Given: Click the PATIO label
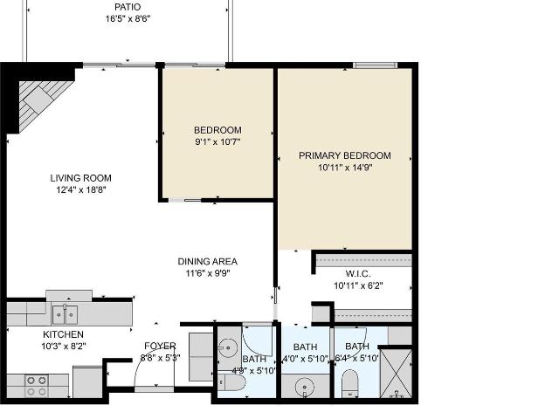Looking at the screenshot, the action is coord(128,7).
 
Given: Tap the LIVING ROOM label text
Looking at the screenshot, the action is coord(81,178).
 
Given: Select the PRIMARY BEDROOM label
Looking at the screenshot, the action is coord(345,155).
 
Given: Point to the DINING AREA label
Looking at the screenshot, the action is coord(208,262).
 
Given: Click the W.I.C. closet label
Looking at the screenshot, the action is coord(358,274).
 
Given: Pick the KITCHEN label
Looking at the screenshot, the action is coord(64,334).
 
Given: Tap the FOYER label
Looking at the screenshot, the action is coord(160,346).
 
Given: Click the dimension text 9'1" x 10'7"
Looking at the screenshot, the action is coord(217,141).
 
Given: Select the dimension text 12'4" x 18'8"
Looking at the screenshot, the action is coord(81,189).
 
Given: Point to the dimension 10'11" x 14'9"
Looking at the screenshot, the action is coord(345,168).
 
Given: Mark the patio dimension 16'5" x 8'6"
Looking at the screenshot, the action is coord(128,18).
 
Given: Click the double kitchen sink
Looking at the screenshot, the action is coord(65,314).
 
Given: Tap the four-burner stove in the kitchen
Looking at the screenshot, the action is coord(37,386).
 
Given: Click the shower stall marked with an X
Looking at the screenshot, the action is coord(396,374).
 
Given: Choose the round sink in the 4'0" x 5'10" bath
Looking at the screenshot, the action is coord(305,387).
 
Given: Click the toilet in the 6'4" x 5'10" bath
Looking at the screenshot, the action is coord(349,383).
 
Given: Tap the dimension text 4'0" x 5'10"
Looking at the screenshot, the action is coord(306,359).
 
